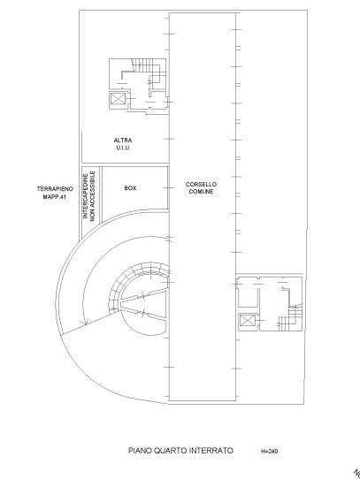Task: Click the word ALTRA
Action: [x=123, y=141]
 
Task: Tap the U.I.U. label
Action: [x=123, y=148]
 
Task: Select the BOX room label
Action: [x=130, y=188]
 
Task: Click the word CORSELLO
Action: [x=201, y=185]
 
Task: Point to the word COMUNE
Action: [x=201, y=192]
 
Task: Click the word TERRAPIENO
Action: [x=55, y=189]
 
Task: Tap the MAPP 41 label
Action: [x=55, y=197]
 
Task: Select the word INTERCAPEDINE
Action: [x=86, y=196]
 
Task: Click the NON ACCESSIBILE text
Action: [x=93, y=196]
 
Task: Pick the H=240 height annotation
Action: [x=270, y=451]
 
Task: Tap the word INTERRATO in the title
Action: [x=211, y=451]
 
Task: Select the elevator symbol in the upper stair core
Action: [x=118, y=99]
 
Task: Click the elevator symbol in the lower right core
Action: [x=247, y=322]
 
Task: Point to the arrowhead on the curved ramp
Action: [x=85, y=321]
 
